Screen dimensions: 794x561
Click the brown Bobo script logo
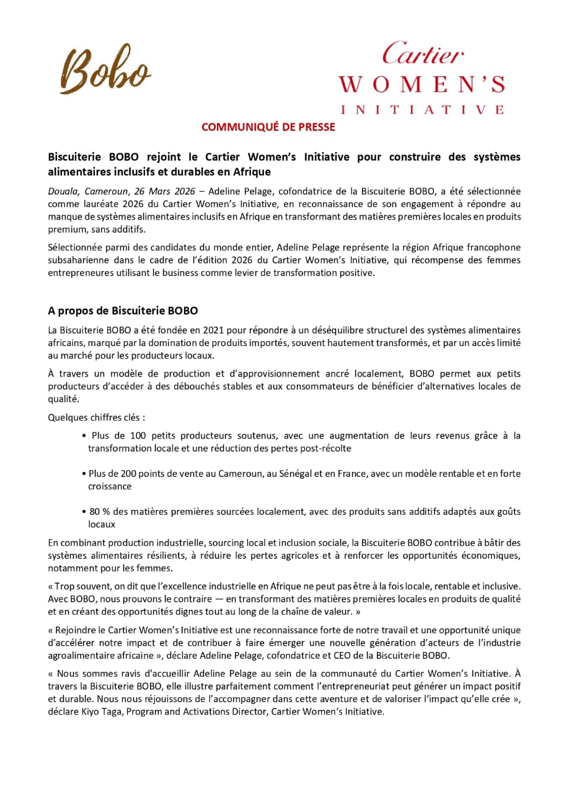[x=105, y=69]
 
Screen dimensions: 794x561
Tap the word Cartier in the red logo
[x=422, y=54]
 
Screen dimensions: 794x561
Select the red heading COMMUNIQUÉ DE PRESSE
[x=268, y=127]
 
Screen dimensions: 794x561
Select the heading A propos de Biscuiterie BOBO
[x=123, y=310]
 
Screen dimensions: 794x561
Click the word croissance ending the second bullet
[x=110, y=486]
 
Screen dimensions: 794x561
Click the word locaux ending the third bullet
[x=102, y=524]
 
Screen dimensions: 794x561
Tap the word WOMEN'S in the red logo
[x=422, y=84]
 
